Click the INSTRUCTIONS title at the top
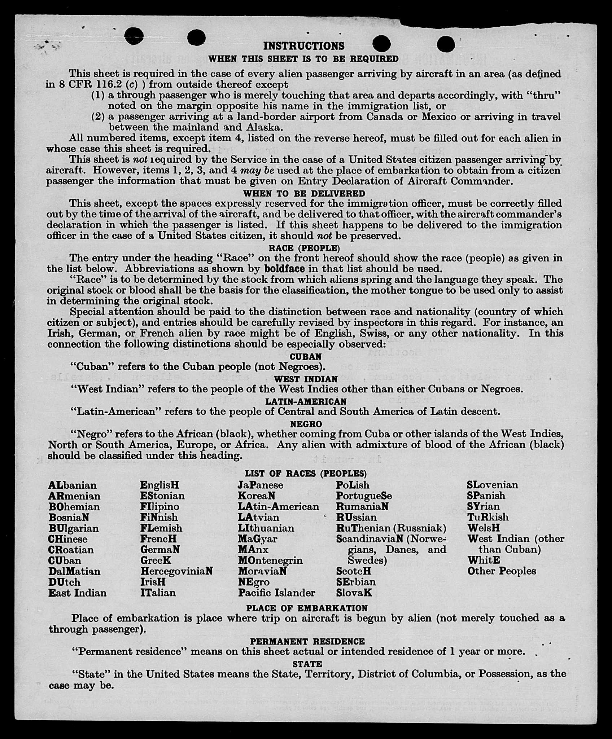(x=304, y=46)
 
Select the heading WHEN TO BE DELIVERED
(x=304, y=194)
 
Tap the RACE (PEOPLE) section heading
(x=304, y=248)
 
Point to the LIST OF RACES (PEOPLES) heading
(x=306, y=474)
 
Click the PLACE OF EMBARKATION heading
(x=307, y=608)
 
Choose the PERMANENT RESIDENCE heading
(x=307, y=642)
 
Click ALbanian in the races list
(x=72, y=485)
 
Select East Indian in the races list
(x=77, y=593)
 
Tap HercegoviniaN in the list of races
(x=176, y=571)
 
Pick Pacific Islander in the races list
(x=276, y=593)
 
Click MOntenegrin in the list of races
(x=270, y=560)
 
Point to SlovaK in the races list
(x=354, y=593)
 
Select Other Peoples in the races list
(x=502, y=571)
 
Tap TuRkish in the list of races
(x=488, y=518)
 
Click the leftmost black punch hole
(x=134, y=36)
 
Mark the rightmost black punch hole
(x=446, y=44)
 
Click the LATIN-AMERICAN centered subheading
(x=306, y=401)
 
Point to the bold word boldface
(x=285, y=269)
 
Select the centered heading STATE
(x=307, y=664)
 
